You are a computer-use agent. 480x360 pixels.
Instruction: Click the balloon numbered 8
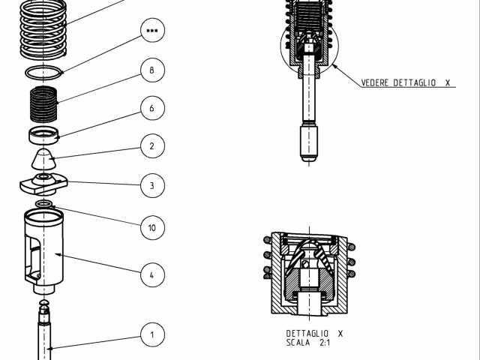click(151, 70)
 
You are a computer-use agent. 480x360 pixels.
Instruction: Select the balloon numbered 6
click(151, 109)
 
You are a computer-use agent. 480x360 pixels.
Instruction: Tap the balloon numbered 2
click(151, 146)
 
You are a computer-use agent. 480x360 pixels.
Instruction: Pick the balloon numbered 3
click(151, 185)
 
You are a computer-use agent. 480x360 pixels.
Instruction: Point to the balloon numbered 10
click(151, 227)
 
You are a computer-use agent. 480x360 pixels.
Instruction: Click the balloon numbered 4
click(151, 275)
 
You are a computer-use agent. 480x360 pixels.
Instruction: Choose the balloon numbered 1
click(151, 334)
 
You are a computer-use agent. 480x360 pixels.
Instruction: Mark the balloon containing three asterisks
click(151, 31)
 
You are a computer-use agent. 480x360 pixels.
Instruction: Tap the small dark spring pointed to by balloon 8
click(43, 105)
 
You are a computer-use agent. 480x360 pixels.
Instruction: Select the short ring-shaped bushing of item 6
click(43, 136)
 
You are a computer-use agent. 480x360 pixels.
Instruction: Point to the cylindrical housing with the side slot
click(43, 247)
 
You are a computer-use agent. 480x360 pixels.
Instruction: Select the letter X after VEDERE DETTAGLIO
click(447, 83)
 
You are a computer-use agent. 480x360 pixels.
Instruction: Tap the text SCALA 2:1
click(307, 343)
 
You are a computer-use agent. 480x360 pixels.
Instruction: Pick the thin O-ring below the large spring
click(43, 73)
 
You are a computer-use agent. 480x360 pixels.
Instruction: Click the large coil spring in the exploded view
click(43, 30)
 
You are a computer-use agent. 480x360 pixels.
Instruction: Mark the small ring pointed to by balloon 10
click(43, 203)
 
